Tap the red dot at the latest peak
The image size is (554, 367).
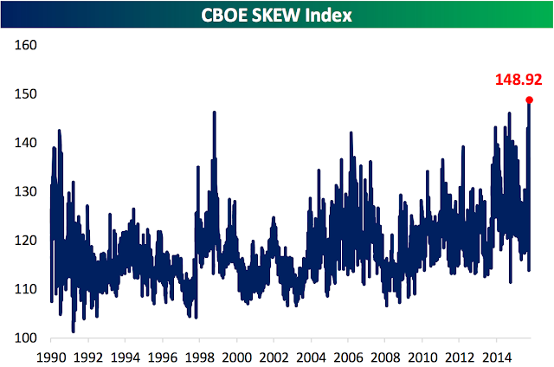coord(529,100)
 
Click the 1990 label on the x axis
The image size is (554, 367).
coord(51,356)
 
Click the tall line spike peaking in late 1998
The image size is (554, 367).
coord(214,113)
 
